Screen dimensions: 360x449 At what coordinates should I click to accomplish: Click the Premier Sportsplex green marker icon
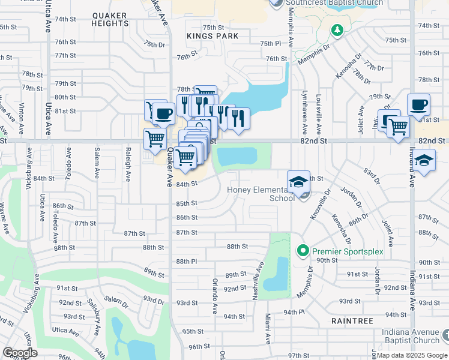click(303, 250)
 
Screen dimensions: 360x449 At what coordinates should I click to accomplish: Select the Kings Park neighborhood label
click(212, 36)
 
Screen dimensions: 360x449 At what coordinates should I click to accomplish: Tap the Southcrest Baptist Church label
click(334, 3)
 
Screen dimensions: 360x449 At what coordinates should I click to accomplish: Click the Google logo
click(20, 353)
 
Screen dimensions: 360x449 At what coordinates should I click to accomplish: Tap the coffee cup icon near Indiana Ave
click(419, 104)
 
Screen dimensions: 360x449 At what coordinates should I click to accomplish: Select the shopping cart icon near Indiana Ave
click(397, 127)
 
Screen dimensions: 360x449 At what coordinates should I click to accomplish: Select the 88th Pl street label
click(187, 262)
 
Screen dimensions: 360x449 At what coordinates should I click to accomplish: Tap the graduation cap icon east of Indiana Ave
click(424, 160)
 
